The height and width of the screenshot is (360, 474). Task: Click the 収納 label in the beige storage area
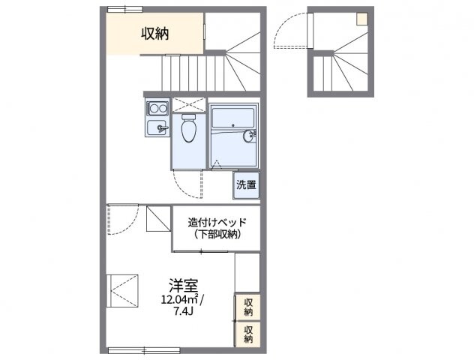pyautogui.click(x=154, y=34)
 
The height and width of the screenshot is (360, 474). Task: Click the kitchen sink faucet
pyautogui.click(x=163, y=128)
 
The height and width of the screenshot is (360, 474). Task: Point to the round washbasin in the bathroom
pyautogui.click(x=250, y=136)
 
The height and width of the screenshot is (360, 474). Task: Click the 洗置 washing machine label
pyautogui.click(x=245, y=184)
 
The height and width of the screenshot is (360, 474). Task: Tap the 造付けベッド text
pyautogui.click(x=217, y=221)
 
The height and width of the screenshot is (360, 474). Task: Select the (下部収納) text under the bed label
pyautogui.click(x=217, y=235)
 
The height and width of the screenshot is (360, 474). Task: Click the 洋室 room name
pyautogui.click(x=183, y=285)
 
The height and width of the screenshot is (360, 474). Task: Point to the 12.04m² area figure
pyautogui.click(x=178, y=299)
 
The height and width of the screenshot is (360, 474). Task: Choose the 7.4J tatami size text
pyautogui.click(x=183, y=312)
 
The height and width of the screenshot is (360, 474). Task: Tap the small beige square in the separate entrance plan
pyautogui.click(x=361, y=19)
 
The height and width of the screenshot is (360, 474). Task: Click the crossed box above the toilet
pyautogui.click(x=188, y=105)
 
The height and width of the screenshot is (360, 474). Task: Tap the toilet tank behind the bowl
pyautogui.click(x=188, y=117)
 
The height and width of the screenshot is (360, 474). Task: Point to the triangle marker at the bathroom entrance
pyautogui.click(x=215, y=161)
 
